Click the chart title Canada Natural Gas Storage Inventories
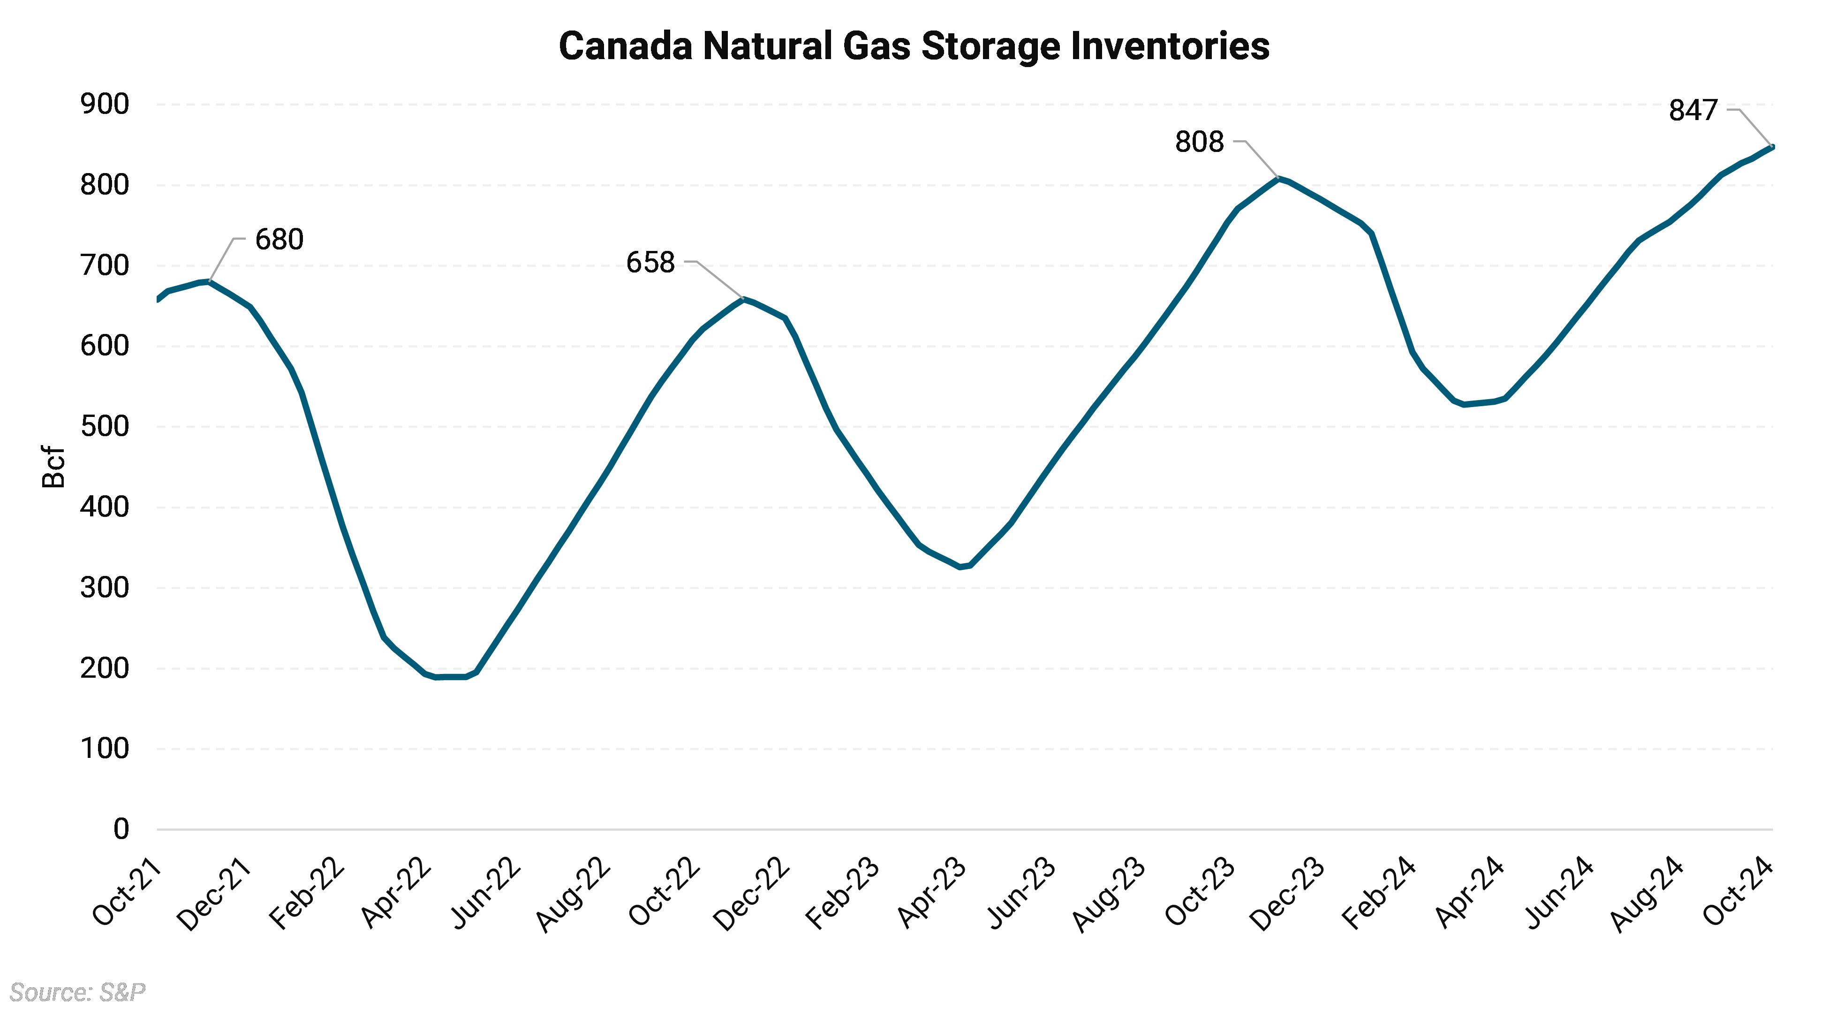(x=914, y=46)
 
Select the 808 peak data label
(x=1199, y=142)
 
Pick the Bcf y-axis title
(x=53, y=467)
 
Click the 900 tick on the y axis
(x=105, y=105)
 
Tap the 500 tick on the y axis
(x=105, y=427)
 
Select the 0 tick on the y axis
(x=121, y=829)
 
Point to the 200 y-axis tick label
(x=105, y=668)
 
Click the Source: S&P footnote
(x=77, y=991)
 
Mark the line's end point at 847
(x=1772, y=147)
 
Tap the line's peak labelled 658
(x=743, y=299)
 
